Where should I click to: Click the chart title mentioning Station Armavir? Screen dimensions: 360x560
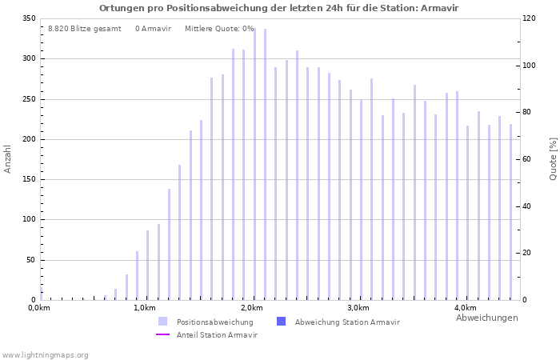click(x=279, y=8)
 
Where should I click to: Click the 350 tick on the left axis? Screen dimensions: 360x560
click(x=29, y=18)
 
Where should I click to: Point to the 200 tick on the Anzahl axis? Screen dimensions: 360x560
click(x=29, y=139)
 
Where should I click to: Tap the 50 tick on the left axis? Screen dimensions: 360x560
click(x=31, y=260)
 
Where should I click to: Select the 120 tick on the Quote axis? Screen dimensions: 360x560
click(x=530, y=18)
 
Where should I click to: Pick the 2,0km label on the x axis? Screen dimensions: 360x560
click(x=251, y=308)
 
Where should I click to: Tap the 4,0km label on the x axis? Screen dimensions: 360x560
click(x=465, y=308)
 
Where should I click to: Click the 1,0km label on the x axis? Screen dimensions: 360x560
click(x=144, y=308)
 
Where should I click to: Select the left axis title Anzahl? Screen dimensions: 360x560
click(x=8, y=158)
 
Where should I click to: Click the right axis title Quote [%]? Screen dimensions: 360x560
click(x=553, y=158)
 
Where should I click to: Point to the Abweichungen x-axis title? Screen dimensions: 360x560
click(x=486, y=318)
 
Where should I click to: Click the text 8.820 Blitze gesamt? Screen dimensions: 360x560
click(x=84, y=29)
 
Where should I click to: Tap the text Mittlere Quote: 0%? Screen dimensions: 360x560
click(x=218, y=29)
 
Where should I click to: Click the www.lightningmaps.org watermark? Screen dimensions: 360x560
click(x=45, y=354)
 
